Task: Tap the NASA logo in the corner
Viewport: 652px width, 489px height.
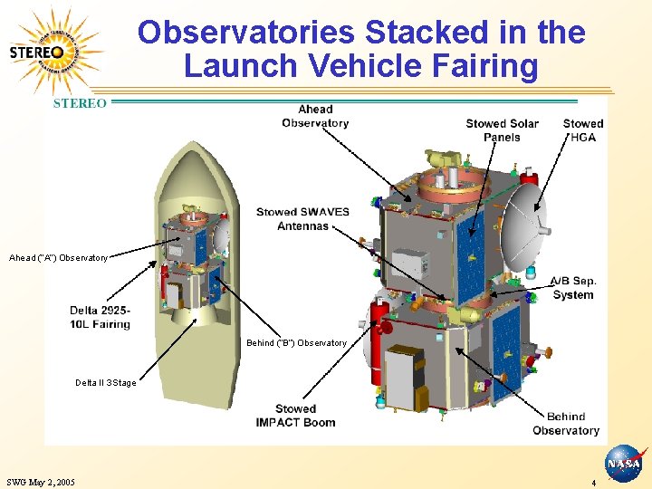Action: pos(623,464)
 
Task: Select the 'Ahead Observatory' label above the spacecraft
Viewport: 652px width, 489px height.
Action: pos(315,116)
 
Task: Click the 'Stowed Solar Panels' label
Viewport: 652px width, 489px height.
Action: pos(502,130)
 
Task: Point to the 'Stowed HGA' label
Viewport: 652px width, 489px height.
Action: pos(582,130)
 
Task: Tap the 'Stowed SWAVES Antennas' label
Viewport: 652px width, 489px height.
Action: pos(302,218)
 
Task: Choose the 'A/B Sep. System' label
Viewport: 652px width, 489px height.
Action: pos(573,288)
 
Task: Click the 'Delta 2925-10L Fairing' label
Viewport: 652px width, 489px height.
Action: pos(100,317)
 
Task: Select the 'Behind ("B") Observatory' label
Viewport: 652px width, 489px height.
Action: pos(296,343)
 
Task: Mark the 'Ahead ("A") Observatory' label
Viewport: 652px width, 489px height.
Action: pos(58,258)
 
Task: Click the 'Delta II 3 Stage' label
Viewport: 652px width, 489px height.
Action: pos(106,383)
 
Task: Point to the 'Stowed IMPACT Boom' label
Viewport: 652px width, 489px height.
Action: pos(295,416)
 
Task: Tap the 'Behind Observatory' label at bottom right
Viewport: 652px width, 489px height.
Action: pos(566,424)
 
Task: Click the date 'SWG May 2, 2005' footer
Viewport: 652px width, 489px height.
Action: pos(40,482)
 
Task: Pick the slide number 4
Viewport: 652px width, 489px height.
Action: pos(593,483)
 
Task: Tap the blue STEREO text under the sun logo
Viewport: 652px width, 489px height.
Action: pos(80,103)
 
